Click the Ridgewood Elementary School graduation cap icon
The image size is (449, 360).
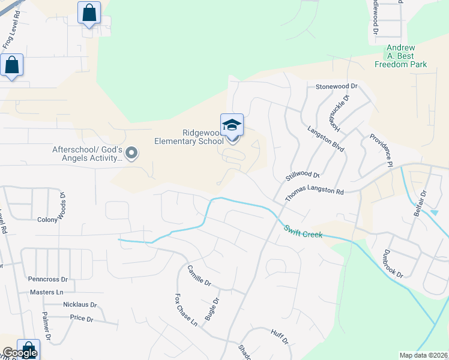(232, 125)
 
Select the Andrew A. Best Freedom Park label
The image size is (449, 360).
(400, 55)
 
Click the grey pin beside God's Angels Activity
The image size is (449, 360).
(131, 154)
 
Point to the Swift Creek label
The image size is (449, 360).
(303, 231)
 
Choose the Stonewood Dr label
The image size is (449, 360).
(336, 86)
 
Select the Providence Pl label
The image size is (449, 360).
(381, 150)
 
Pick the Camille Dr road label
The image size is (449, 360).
(199, 275)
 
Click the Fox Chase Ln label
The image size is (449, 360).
(185, 310)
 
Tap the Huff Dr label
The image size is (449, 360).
(280, 337)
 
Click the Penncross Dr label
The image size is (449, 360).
(48, 280)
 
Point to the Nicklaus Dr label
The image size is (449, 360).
(78, 304)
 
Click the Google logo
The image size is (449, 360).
(19, 353)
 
